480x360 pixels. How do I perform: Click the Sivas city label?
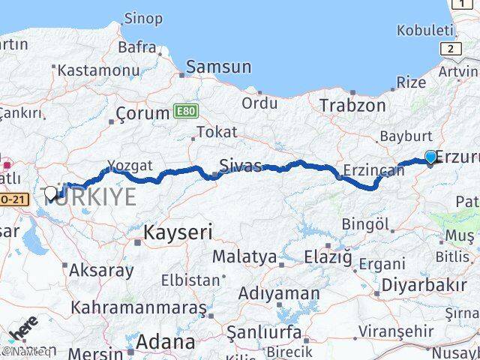coord(241,166)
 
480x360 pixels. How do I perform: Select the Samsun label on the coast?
coord(218,67)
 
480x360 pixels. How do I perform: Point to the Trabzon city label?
coord(352,106)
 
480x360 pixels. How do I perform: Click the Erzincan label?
coord(373,170)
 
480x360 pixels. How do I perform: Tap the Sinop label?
coord(142,17)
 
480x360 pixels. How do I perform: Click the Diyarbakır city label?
coord(424,285)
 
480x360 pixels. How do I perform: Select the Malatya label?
coord(244,256)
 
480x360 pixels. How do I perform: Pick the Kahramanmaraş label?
coord(139,307)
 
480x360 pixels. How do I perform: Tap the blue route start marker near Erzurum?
coord(430,157)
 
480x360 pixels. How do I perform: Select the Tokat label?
coord(217,132)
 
